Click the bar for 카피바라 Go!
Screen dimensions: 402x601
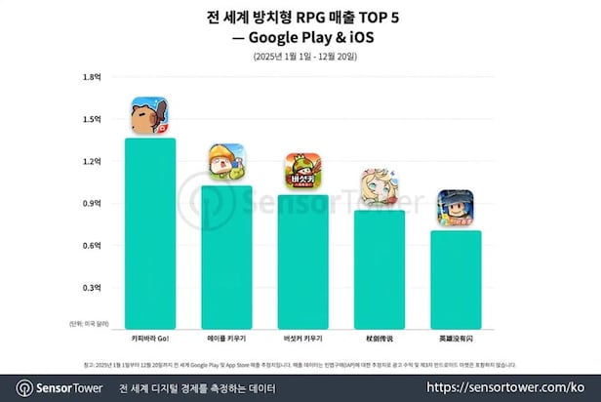(150, 234)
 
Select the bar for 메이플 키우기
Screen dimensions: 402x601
(226, 258)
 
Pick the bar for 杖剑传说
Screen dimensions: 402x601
(378, 270)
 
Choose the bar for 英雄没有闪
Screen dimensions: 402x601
(454, 280)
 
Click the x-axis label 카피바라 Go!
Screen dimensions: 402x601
(150, 338)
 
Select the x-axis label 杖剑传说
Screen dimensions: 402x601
(378, 338)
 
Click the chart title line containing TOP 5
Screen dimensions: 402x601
(300, 17)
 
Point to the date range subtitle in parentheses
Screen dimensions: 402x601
(300, 57)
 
